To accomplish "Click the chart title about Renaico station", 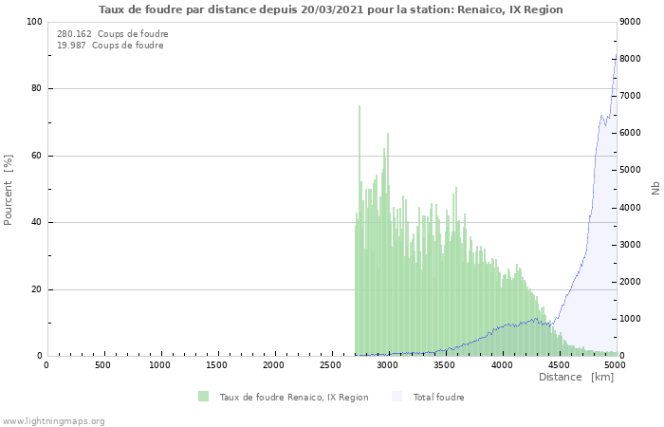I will (330, 9).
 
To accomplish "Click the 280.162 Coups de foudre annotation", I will (112, 34).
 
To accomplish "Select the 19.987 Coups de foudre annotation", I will (110, 46).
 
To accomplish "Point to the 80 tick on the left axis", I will (36, 89).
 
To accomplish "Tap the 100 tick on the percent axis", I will (33, 22).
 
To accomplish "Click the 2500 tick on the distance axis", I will (331, 365).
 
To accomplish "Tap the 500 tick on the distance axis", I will (102, 365).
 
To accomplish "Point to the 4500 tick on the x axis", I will (559, 365).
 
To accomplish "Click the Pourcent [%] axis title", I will (9, 190).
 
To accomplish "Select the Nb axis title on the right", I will (655, 189).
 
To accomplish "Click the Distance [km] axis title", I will (576, 378).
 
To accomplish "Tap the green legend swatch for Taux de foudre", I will (203, 397).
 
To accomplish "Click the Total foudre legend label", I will (438, 397).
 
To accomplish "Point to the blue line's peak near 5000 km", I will (615, 63).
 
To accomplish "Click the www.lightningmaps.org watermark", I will (53, 421).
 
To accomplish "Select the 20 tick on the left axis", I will (36, 289).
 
